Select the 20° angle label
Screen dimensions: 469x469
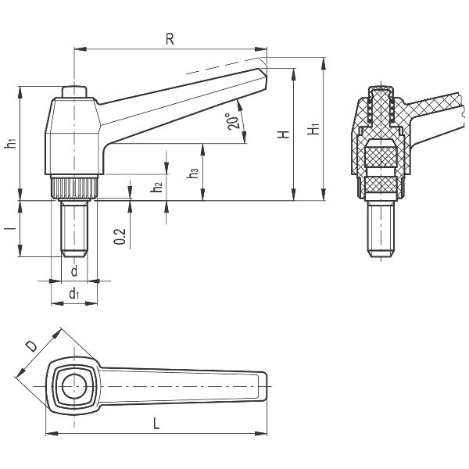[x=232, y=123]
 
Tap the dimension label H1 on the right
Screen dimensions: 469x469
[x=314, y=130]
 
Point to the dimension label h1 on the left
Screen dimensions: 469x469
[x=9, y=143]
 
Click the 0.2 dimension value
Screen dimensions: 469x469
[x=119, y=237]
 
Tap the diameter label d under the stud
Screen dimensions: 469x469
[x=73, y=271]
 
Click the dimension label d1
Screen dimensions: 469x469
[x=73, y=294]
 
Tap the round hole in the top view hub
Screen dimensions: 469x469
[x=74, y=385]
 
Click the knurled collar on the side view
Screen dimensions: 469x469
[x=74, y=188]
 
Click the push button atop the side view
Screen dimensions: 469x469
[x=74, y=91]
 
